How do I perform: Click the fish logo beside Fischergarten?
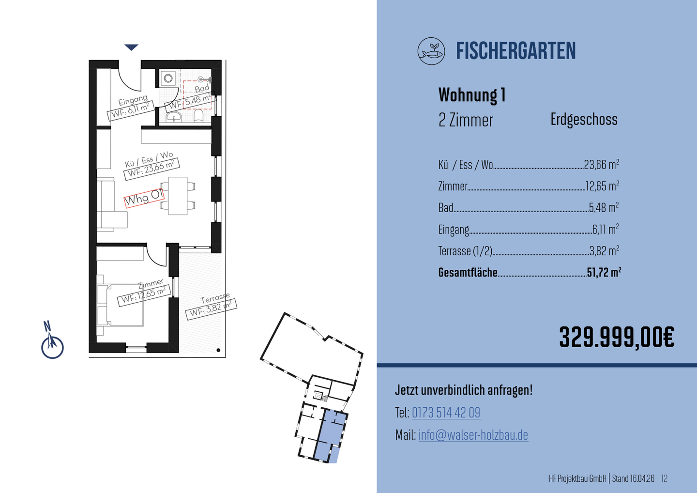click(x=431, y=51)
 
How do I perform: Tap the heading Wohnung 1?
click(x=472, y=95)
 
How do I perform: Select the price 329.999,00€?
click(x=617, y=338)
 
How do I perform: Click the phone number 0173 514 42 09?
click(x=446, y=413)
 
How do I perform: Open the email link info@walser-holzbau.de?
click(x=473, y=435)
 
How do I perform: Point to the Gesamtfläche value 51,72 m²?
click(x=604, y=272)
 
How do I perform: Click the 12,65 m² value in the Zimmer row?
click(x=602, y=186)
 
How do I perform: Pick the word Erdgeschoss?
click(x=584, y=120)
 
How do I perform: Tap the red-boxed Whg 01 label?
click(x=144, y=198)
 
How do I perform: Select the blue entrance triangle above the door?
click(x=131, y=47)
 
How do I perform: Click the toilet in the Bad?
click(x=198, y=117)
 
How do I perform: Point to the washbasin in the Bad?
click(x=174, y=117)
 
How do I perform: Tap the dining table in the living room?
click(x=178, y=196)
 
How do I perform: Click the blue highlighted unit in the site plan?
click(x=332, y=436)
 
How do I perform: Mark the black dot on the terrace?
click(x=218, y=350)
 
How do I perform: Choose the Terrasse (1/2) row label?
click(x=465, y=251)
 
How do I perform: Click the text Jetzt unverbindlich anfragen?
click(x=464, y=390)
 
